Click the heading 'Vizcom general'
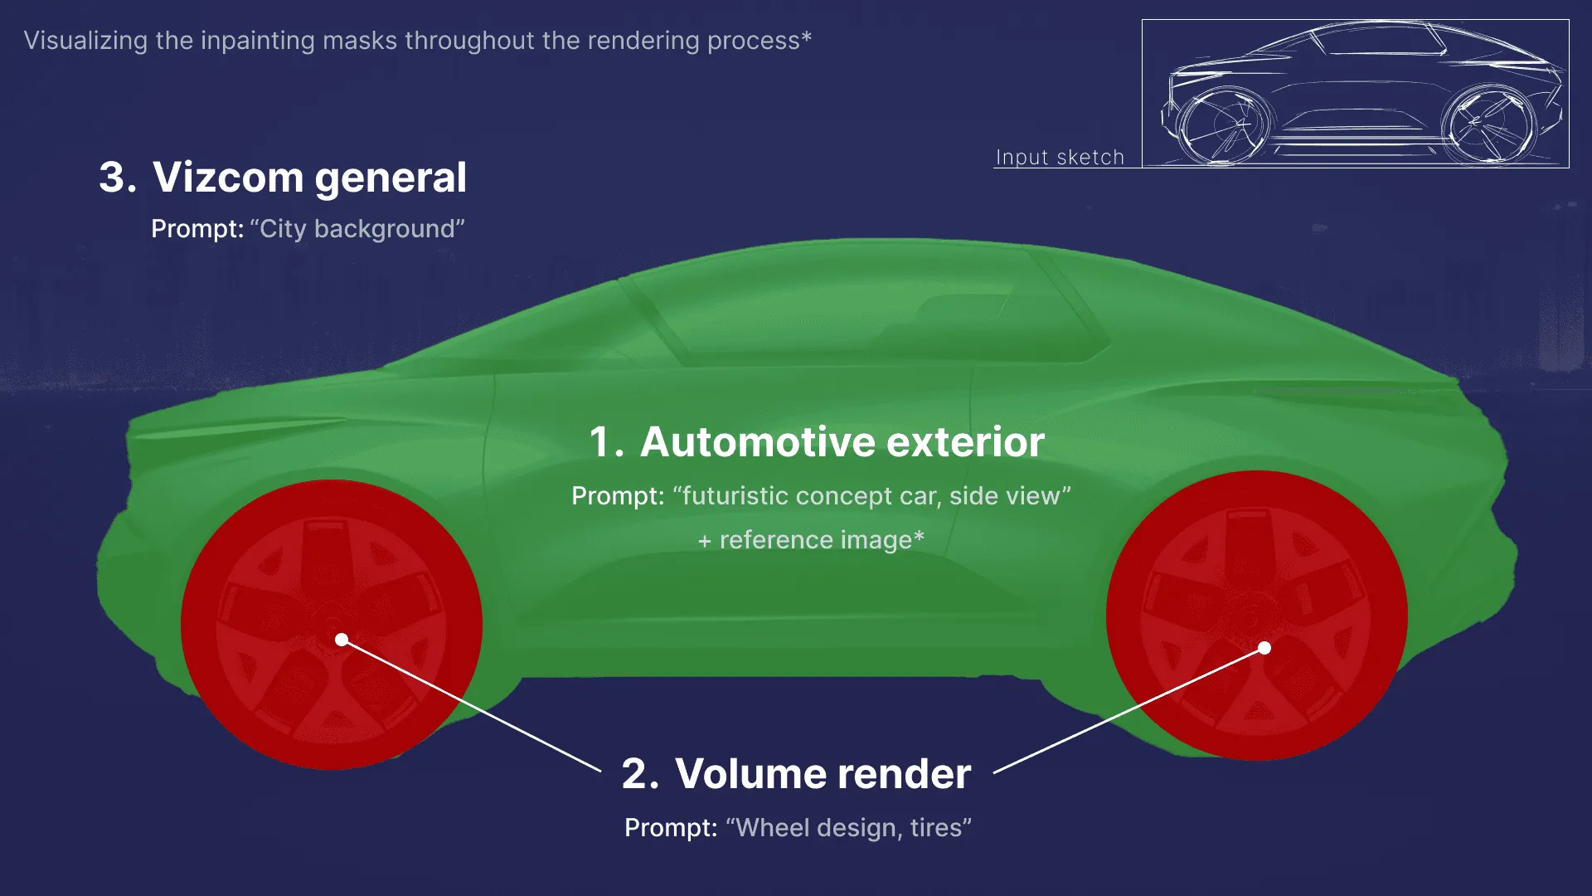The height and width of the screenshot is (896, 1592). click(309, 178)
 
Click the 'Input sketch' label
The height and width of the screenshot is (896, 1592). click(1060, 158)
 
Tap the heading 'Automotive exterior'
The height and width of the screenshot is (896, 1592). click(842, 441)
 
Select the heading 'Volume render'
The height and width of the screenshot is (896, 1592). click(823, 773)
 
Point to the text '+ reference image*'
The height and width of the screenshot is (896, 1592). click(811, 540)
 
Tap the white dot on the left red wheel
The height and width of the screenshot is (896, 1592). click(342, 640)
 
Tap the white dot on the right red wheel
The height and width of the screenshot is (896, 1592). click(1264, 648)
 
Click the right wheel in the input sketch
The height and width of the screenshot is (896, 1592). click(1488, 124)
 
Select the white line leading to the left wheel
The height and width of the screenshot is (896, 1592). click(473, 706)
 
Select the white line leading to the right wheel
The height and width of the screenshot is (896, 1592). click(1128, 710)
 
